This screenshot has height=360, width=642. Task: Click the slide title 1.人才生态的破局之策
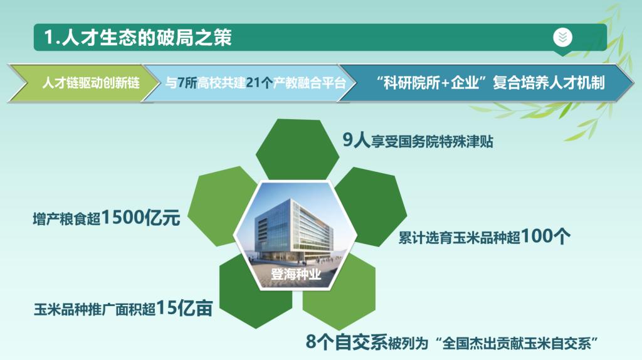[x=138, y=37]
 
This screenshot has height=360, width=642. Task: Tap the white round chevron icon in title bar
[x=562, y=37]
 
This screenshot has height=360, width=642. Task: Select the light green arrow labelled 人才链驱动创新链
[x=83, y=83]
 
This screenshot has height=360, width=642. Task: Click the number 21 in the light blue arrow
[x=253, y=83]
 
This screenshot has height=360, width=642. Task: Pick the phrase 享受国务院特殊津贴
[x=432, y=142]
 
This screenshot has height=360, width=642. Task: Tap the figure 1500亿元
[x=140, y=217]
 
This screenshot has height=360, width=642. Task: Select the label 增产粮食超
[x=66, y=219]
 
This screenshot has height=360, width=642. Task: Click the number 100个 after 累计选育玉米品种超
[x=545, y=236]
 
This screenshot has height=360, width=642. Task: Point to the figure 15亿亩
[x=184, y=308]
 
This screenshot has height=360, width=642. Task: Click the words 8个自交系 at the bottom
[x=346, y=342]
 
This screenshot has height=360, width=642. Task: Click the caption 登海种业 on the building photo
[x=296, y=274]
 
